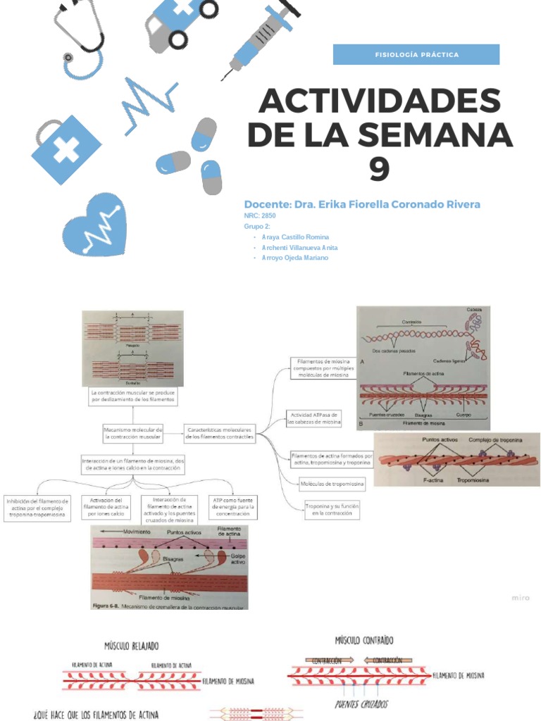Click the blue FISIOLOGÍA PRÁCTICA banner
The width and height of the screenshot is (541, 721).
tap(416, 54)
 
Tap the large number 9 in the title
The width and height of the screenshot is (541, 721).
tap(380, 167)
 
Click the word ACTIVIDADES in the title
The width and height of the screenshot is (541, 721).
tap(379, 102)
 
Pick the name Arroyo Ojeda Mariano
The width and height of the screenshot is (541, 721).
tap(294, 258)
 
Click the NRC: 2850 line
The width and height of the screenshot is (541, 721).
tap(260, 215)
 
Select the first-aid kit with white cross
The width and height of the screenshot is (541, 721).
tap(66, 149)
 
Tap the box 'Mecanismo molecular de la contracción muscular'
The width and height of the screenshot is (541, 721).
tap(133, 433)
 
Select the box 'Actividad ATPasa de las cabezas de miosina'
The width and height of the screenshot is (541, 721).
tap(314, 418)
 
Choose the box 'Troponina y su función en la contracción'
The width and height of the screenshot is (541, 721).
tap(332, 510)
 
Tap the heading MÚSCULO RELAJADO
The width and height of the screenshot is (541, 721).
tap(132, 646)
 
